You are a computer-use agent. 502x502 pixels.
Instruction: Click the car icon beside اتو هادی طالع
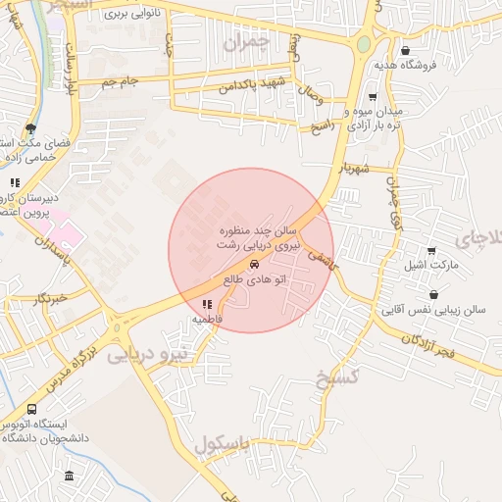click(255, 265)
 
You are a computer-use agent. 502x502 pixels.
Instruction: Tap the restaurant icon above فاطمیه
click(207, 305)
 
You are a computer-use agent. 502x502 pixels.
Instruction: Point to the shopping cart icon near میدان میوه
click(373, 97)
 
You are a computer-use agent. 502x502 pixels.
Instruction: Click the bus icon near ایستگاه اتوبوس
click(32, 409)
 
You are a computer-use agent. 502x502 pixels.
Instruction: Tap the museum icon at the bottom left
click(68, 477)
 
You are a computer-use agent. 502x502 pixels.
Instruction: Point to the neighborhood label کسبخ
click(339, 378)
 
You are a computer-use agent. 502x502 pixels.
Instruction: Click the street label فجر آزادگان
click(433, 342)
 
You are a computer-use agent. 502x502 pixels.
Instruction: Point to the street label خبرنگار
click(49, 296)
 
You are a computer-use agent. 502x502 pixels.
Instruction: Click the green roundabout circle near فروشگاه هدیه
click(364, 44)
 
